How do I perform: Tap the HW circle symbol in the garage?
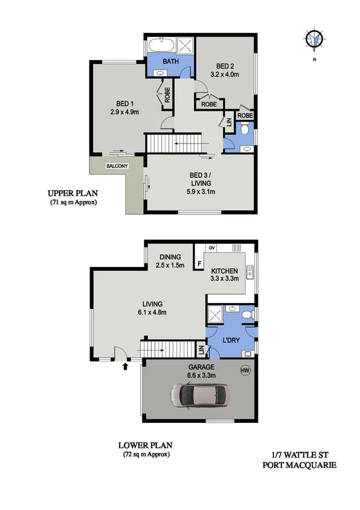pos(245,370)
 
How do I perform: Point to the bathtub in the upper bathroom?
pos(160,45)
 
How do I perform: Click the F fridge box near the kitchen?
pos(199,263)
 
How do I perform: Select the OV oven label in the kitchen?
pos(212,247)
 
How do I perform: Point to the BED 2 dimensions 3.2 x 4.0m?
pos(225,75)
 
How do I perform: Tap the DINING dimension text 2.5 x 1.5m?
pos(170,265)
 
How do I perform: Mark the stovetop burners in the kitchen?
pos(236,247)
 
